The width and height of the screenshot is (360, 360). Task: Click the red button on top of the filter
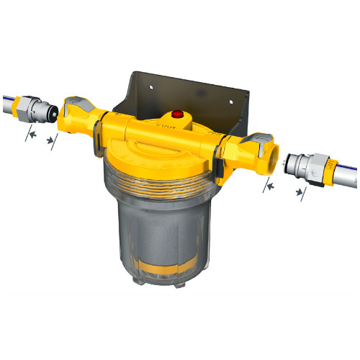[x=176, y=114]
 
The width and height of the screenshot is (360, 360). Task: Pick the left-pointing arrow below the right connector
[x=268, y=186]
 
